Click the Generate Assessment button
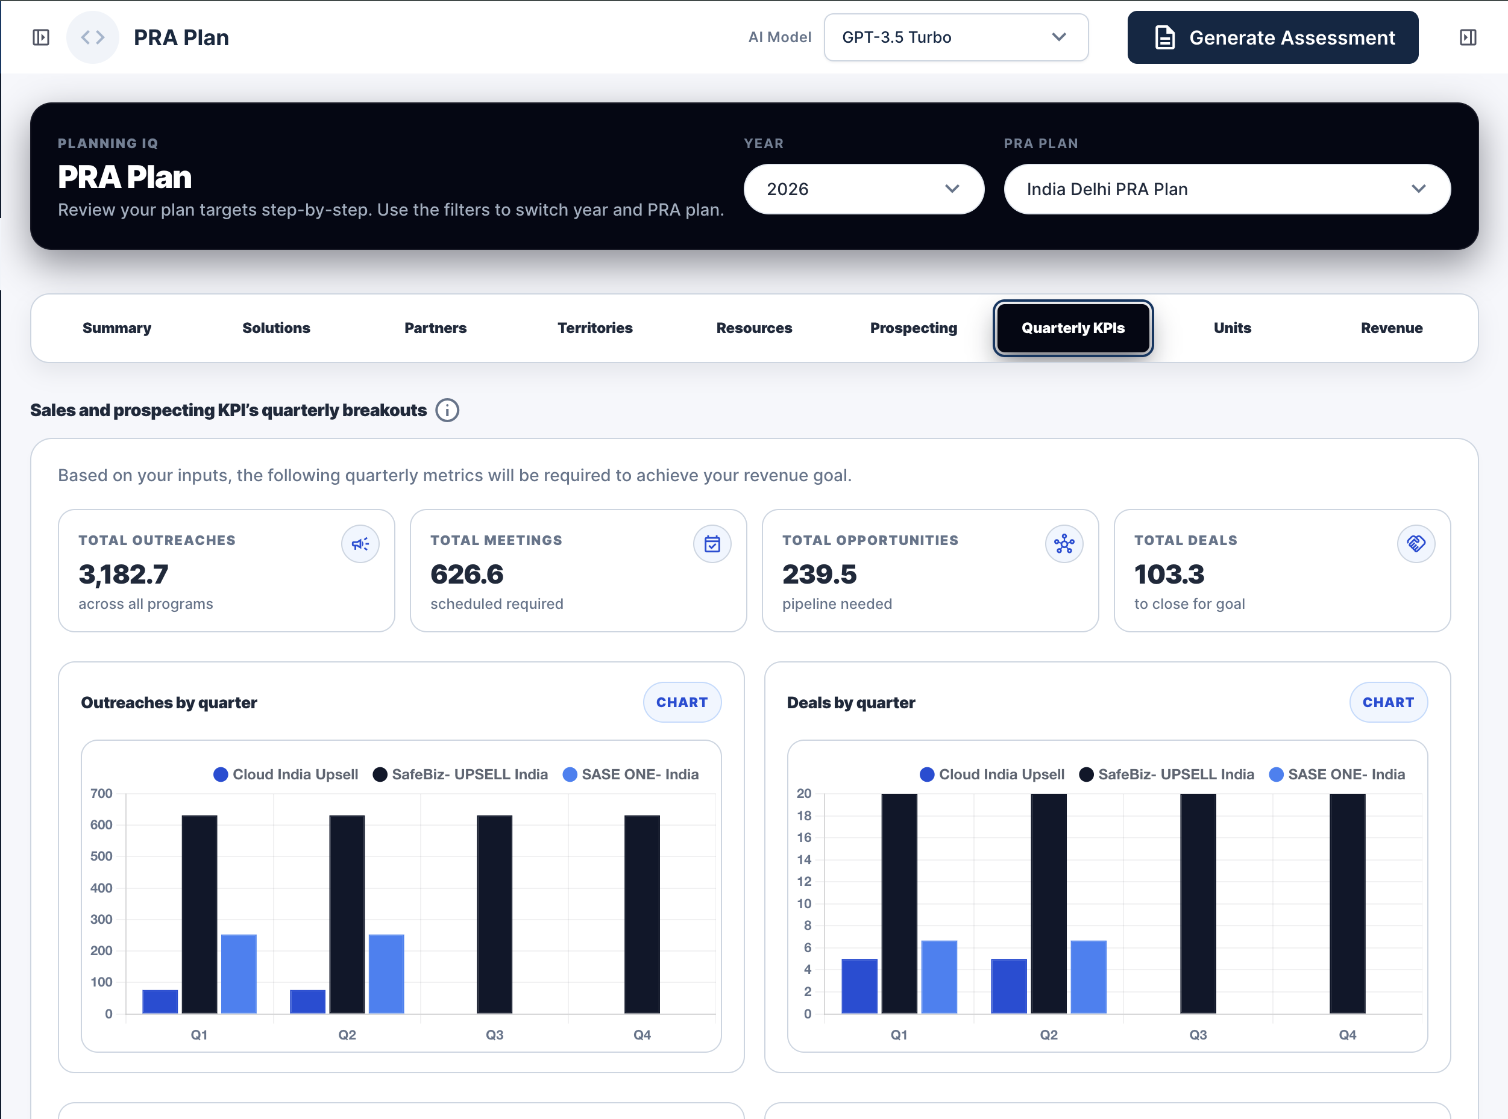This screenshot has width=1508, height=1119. point(1272,37)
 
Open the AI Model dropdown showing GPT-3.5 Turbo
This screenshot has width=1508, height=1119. point(956,37)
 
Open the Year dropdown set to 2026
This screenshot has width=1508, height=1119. point(864,189)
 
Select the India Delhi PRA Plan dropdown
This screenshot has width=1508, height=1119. point(1227,189)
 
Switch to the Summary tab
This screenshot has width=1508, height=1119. point(116,328)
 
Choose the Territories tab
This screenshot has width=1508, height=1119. point(595,328)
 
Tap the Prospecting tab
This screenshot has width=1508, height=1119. point(914,328)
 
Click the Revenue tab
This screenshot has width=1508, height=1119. point(1392,328)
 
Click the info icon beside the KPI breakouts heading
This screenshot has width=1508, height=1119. point(447,411)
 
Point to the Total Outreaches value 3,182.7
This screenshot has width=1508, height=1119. point(124,575)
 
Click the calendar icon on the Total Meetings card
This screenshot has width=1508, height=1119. point(712,544)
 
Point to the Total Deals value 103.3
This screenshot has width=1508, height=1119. point(1169,575)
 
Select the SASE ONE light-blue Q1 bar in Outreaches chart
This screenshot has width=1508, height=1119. point(239,974)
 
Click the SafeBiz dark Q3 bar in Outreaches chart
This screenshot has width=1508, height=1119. point(494,914)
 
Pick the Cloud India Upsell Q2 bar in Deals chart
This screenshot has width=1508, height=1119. point(1008,987)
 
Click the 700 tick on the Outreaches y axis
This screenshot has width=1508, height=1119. point(102,794)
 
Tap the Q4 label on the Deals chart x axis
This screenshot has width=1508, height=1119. point(1347,1035)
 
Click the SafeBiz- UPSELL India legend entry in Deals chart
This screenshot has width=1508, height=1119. point(1166,775)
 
